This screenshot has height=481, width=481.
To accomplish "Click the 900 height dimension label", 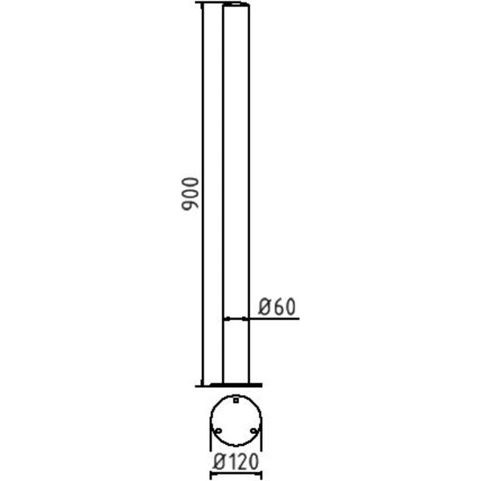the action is (x=191, y=194).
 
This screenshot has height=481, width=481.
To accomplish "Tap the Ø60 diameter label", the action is (x=277, y=306).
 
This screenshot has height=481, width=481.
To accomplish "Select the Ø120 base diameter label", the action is (x=236, y=463).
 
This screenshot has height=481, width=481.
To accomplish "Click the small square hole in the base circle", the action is (x=236, y=400).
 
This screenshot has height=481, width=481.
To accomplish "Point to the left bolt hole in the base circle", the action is (x=218, y=431).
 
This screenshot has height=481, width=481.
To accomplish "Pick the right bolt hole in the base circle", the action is (x=253, y=431).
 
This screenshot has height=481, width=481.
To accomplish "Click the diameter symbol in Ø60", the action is (x=264, y=307).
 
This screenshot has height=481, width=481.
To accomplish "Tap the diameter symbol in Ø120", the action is (x=219, y=463).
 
